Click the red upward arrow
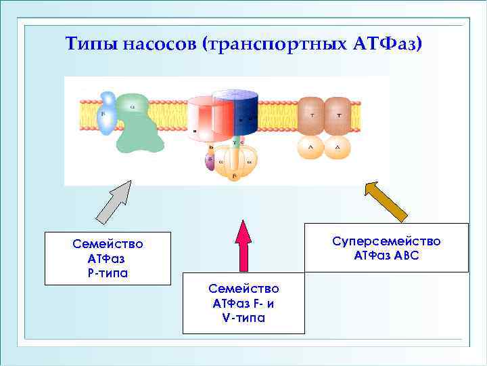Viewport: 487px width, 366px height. pyautogui.click(x=243, y=244)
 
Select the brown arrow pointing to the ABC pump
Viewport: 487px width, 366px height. pyautogui.click(x=386, y=201)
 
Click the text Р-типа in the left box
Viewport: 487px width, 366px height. pyautogui.click(x=108, y=273)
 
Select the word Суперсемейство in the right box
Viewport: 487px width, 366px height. pyautogui.click(x=386, y=242)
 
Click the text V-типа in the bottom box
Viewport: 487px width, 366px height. pyautogui.click(x=243, y=318)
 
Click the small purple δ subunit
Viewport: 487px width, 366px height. pyautogui.click(x=210, y=161)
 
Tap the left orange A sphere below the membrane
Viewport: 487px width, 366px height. pyautogui.click(x=312, y=146)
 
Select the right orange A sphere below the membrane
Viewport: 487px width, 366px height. pyautogui.click(x=338, y=146)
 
